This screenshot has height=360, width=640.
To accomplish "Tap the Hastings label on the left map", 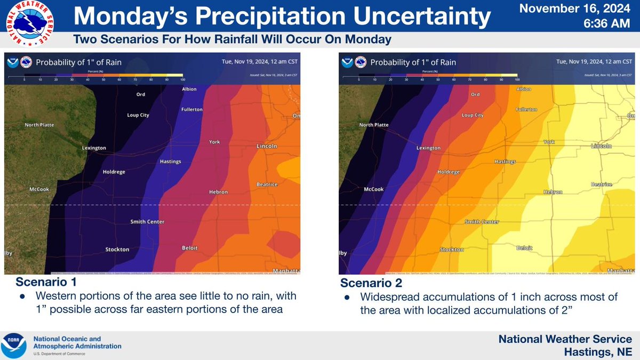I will pos(171,161).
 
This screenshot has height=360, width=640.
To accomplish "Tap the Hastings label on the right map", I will pos(505,161).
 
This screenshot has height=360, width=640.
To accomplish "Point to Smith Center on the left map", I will pos(148,222).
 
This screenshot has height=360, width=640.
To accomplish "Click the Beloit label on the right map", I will pos(524,248).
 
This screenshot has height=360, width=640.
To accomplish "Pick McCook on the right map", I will pos(373,189).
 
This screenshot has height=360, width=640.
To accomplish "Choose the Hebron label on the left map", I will pos(218,192).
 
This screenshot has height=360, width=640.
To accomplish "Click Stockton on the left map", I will pos(117,249).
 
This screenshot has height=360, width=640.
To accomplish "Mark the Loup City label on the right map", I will pos(472,115).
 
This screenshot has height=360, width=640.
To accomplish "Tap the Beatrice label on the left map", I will pos(267,184).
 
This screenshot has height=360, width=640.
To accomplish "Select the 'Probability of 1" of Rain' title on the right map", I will pos(413,62).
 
